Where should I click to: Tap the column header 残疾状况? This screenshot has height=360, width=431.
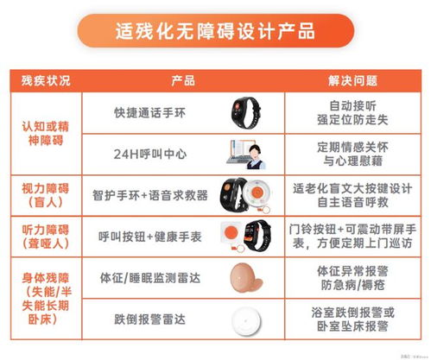click(41, 81)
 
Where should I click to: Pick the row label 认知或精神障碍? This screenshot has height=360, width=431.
click(41, 133)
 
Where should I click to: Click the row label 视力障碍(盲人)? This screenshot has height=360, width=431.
click(41, 194)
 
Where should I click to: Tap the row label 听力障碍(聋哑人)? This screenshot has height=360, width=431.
click(41, 235)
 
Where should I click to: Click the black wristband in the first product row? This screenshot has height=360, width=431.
click(249, 111)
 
